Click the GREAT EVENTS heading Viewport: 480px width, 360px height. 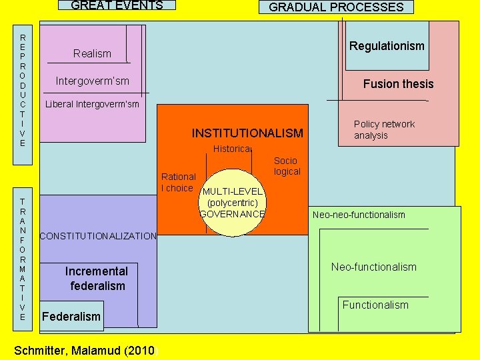coord(117,5)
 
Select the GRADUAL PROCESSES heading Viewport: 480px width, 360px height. coord(336,7)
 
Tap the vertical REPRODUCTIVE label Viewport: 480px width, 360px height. coord(23,90)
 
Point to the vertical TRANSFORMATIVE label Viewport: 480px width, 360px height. coord(23,259)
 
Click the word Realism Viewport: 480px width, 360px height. coord(92,53)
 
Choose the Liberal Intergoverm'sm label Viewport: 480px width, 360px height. coord(92,104)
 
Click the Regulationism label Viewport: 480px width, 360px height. coord(387,46)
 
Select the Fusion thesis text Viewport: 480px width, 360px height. coord(398,84)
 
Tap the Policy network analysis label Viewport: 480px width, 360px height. coord(384,129)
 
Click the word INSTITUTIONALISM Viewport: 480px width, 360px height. coord(247,133)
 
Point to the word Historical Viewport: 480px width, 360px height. coord(231,149)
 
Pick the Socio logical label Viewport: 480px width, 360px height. coord(286,166)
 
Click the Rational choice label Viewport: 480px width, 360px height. coord(179,182)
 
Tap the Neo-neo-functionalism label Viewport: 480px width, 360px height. coord(359,215)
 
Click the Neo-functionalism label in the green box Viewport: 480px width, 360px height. coord(373,267)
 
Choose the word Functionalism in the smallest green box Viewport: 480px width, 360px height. coord(375,305)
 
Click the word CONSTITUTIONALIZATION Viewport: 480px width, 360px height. coord(98,236)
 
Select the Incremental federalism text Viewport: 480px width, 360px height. coord(97,279)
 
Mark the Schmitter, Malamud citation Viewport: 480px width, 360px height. coord(84,351)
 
